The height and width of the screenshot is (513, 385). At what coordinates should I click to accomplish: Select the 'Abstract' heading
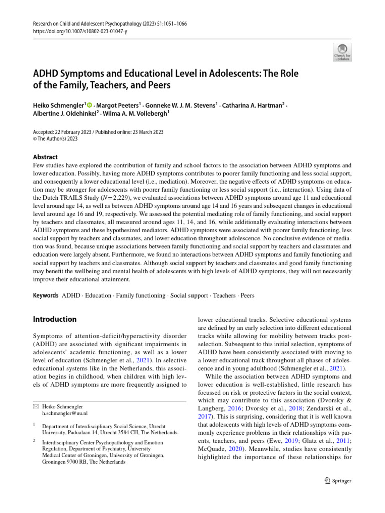coord(45,157)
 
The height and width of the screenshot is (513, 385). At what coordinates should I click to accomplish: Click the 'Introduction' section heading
coord(55,319)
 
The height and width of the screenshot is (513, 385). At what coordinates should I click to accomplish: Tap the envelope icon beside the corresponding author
coord(36,407)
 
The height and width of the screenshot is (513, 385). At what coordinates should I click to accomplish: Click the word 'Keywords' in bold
coord(45,296)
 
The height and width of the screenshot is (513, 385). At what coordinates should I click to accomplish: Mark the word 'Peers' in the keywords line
coord(247,296)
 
